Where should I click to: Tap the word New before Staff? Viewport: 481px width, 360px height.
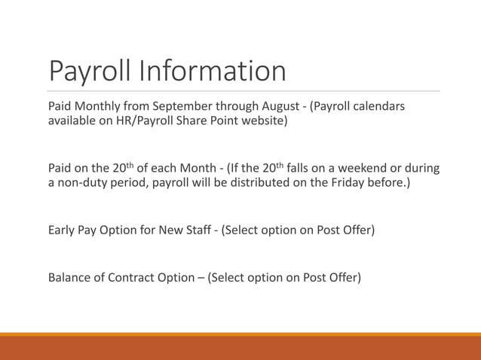(x=165, y=229)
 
